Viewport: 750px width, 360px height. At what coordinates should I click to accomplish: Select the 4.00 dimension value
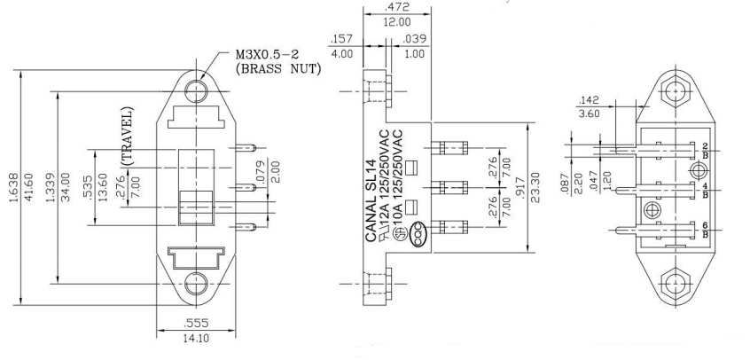click(341, 52)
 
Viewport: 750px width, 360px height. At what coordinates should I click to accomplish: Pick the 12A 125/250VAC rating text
click(387, 182)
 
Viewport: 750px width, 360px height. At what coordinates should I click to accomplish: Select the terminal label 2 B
click(704, 148)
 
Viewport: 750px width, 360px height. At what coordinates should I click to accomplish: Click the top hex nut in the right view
click(676, 92)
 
